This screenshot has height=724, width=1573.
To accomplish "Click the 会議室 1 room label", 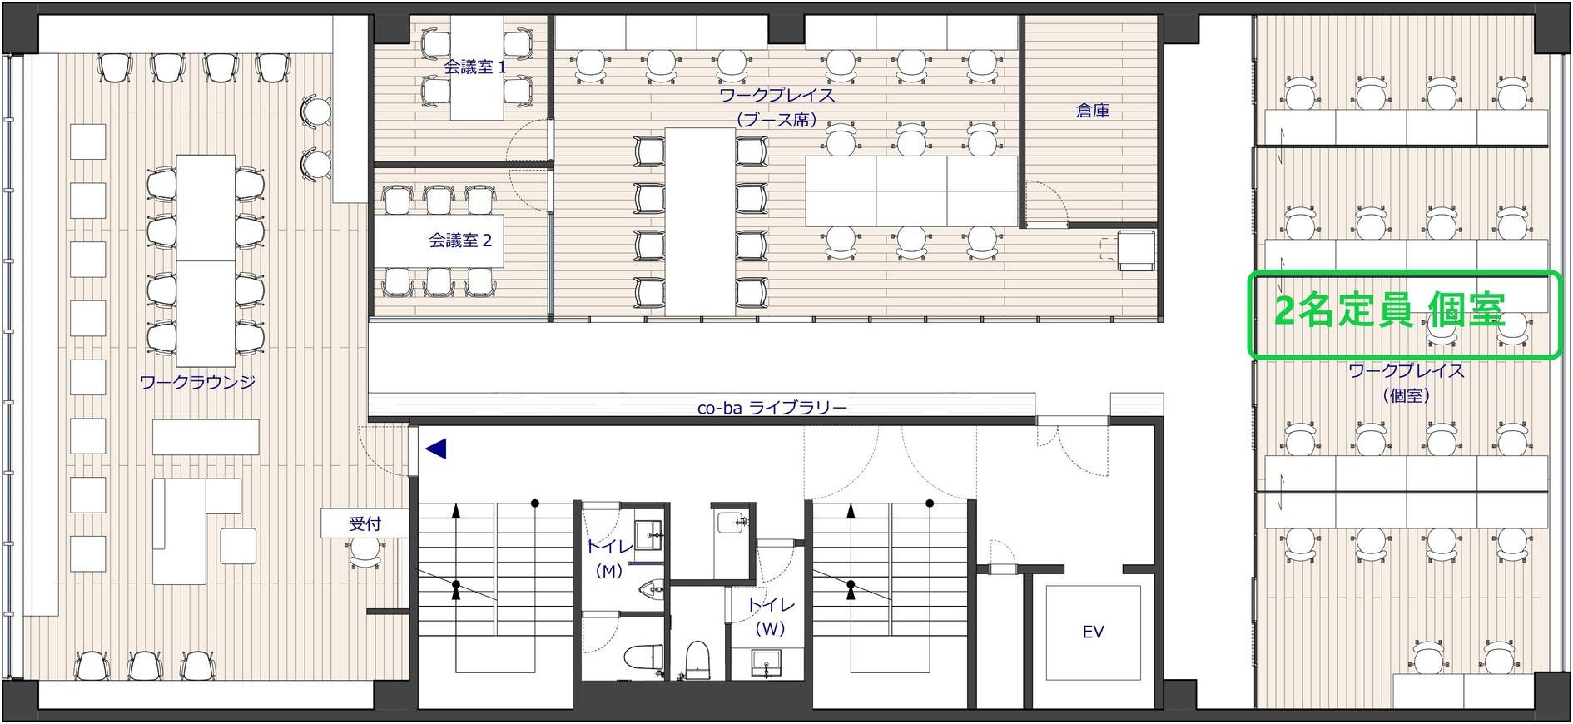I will point(474,67).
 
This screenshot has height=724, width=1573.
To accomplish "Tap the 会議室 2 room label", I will point(460,241).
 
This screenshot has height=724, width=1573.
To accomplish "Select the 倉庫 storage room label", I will point(1092,110).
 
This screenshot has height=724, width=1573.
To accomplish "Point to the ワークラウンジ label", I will point(197,383).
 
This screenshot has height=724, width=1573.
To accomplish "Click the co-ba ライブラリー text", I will point(772,408).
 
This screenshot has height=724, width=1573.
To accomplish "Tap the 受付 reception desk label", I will point(365,523).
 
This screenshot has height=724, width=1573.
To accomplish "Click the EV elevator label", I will point(1093,632).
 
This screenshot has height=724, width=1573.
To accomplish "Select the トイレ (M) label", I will point(609,558).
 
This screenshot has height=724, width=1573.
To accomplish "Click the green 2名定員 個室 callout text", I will point(1389,312).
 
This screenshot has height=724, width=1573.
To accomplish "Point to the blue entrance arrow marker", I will point(436,449).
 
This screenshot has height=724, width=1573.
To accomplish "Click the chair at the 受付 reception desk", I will point(364,552).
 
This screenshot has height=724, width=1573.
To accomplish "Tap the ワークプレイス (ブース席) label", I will point(777,107).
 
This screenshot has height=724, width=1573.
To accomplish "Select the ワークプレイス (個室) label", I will point(1406,383).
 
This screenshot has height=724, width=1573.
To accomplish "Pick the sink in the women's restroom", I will point(766,663).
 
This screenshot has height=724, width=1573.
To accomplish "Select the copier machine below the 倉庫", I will point(1134,250).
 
